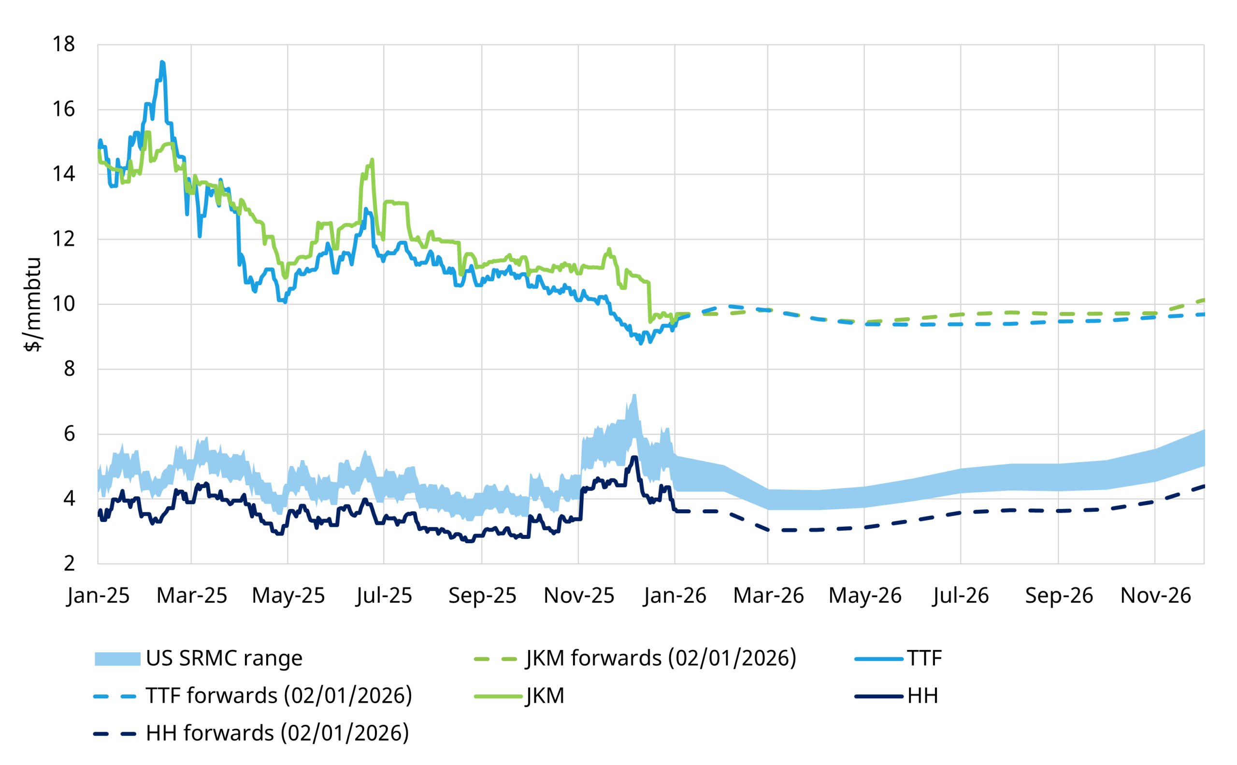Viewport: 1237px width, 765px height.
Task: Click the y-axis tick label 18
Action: coord(64,44)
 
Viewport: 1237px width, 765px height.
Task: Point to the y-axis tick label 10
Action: coord(64,304)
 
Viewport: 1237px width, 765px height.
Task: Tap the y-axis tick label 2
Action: coord(69,563)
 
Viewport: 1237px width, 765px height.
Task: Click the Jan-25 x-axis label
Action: coord(98,595)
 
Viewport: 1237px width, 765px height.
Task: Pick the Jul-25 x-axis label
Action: coord(384,595)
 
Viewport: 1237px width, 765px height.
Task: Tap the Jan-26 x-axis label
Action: coord(675,595)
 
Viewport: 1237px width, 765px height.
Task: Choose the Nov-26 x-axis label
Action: coord(1155,595)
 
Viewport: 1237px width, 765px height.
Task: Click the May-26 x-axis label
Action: coord(864,595)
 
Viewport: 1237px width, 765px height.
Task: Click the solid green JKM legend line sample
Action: coord(498,696)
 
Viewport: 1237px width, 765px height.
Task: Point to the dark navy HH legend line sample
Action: coord(879,696)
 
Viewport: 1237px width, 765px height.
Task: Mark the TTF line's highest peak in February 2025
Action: coord(162,62)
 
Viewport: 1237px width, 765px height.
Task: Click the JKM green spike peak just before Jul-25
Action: coord(373,160)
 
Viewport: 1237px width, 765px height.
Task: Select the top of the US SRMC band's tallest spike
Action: coord(634,395)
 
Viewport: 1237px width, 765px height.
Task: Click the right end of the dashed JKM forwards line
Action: coord(1203,300)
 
